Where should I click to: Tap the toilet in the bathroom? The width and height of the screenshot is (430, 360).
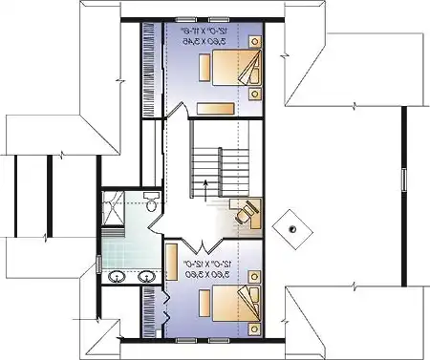(x=152, y=204)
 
